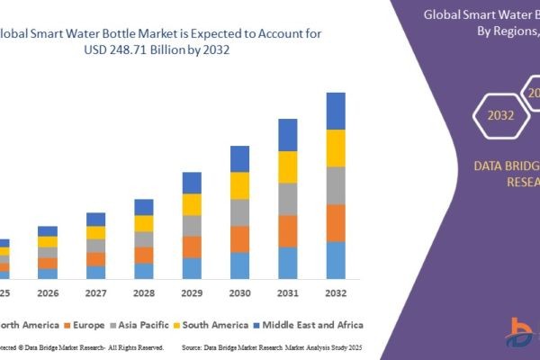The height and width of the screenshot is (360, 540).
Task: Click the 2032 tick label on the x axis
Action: [x=335, y=293]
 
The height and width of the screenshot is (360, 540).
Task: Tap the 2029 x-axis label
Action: [x=192, y=293]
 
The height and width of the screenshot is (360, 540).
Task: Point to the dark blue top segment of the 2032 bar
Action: [x=336, y=111]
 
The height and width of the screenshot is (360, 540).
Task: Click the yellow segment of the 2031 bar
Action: [x=287, y=166]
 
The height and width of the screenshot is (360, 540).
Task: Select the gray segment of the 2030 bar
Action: [x=239, y=212]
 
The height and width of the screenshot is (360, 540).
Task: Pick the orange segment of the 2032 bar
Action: [x=336, y=222]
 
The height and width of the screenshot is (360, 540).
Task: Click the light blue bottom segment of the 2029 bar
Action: [x=192, y=268]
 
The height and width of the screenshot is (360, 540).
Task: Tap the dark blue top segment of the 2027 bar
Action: [x=95, y=219]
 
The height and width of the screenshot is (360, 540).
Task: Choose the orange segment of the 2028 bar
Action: [x=144, y=255]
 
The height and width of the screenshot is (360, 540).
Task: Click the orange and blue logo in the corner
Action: [x=520, y=336]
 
